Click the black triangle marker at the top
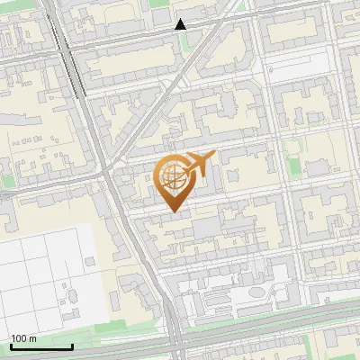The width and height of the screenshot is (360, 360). click(181, 24)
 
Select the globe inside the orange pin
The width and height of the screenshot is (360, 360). click(172, 179)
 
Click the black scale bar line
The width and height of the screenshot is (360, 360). click(41, 346)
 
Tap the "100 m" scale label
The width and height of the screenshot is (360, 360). click(23, 339)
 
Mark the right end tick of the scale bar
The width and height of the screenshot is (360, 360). click(72, 345)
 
